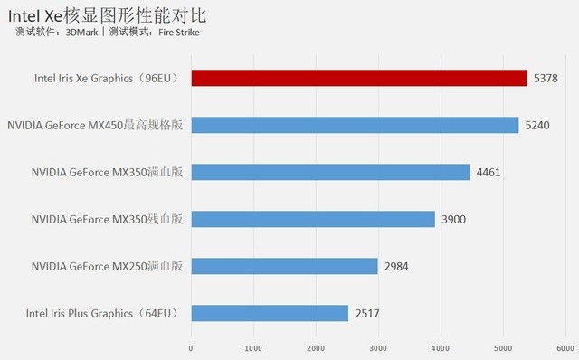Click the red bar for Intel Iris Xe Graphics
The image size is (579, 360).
358,78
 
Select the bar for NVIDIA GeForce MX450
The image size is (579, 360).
355,125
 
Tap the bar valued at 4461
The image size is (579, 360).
330,172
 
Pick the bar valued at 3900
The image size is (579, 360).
313,219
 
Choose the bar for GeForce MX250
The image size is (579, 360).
284,266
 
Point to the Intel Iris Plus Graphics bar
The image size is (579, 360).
270,313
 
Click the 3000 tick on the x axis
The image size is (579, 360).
378,347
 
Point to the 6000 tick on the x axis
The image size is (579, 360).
565,347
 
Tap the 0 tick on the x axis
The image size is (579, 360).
191,347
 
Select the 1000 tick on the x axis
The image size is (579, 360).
253,347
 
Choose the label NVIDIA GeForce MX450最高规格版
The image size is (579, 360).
95,126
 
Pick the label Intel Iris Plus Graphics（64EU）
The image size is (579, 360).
102,313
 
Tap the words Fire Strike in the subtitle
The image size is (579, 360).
179,33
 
